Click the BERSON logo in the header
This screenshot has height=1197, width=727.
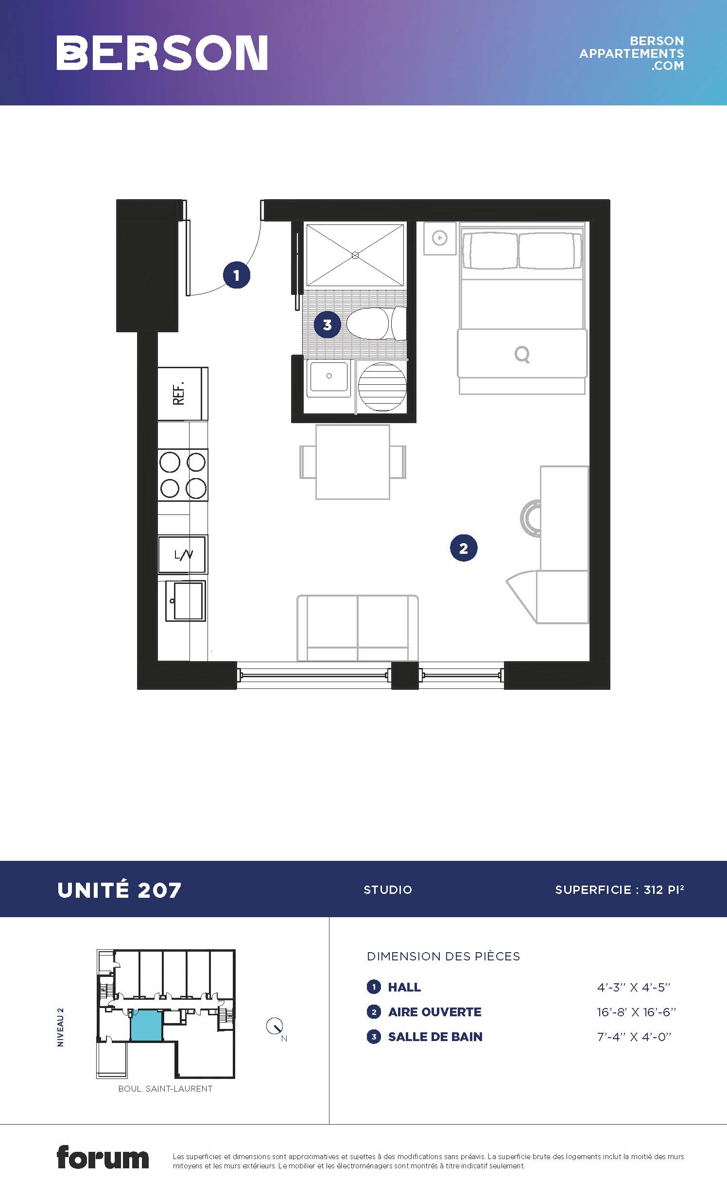(162, 52)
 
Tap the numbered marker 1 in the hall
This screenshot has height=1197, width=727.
(237, 275)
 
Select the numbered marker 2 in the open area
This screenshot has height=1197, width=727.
(464, 548)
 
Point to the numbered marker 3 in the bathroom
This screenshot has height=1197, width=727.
(327, 325)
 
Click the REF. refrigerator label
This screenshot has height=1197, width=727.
(179, 393)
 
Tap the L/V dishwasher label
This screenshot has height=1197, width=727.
(183, 554)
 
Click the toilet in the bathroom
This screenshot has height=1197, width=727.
(377, 324)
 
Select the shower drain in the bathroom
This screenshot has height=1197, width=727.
(355, 255)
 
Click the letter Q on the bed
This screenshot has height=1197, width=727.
(522, 355)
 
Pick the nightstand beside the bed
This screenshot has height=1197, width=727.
(440, 238)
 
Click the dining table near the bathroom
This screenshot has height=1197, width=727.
(353, 462)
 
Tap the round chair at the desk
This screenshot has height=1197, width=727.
(530, 518)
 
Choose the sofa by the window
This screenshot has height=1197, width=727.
(358, 628)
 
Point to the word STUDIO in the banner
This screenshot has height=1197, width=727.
(388, 889)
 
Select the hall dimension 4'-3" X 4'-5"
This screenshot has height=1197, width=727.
(634, 987)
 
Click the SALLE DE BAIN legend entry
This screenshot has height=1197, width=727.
(435, 1037)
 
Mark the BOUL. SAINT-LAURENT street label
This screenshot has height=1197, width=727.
(165, 1089)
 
